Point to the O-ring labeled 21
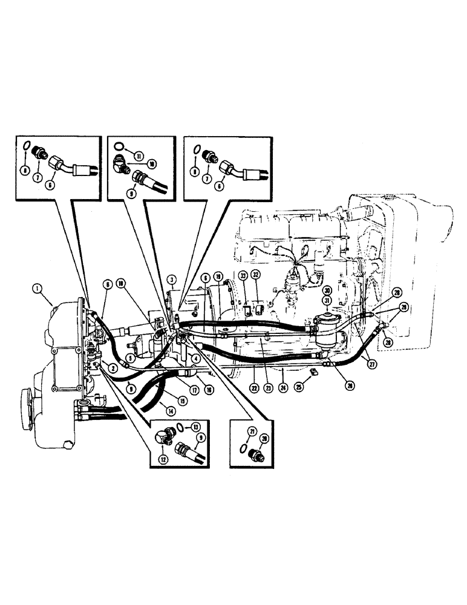pos(243,449)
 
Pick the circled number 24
pos(284,382)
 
